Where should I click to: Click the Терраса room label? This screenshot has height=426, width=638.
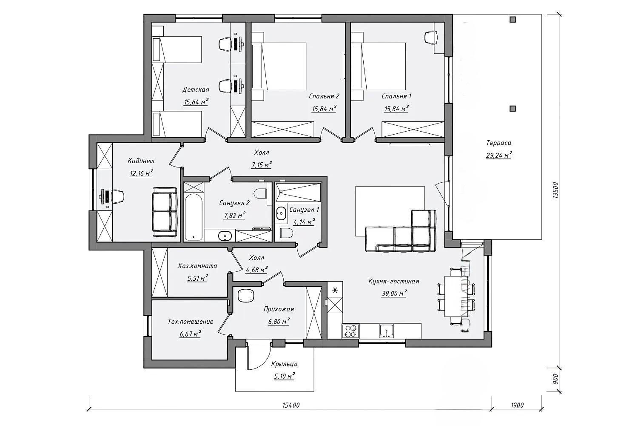pos(499,143)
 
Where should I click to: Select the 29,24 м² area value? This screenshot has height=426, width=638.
pos(498,155)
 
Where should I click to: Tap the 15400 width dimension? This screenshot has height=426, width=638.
pos(291,405)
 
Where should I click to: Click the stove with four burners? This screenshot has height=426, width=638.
pos(351,331)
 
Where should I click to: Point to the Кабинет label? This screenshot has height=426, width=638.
pos(141,161)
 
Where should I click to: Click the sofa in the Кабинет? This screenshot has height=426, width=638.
pos(165,212)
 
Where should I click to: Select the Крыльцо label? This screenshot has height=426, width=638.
pos(284,364)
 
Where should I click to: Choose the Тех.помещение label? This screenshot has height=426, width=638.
pos(191,322)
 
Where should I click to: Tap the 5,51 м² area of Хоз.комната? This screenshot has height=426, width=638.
pos(197,279)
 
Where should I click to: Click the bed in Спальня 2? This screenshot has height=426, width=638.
pos(279,66)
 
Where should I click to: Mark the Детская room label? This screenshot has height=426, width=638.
pos(196,90)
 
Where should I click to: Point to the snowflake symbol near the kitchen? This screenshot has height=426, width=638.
pos(335,291)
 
